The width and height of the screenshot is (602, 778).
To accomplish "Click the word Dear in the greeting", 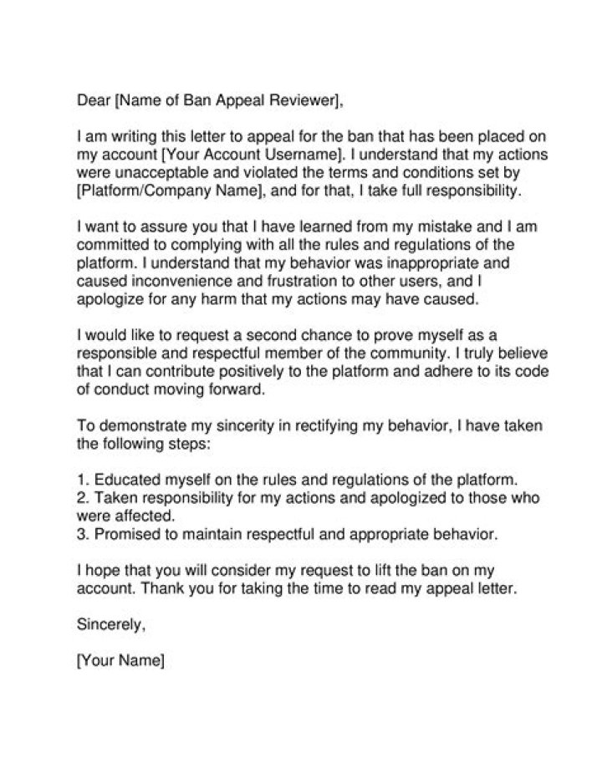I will click(93, 101).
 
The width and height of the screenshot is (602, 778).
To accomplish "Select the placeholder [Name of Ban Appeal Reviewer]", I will click(227, 101).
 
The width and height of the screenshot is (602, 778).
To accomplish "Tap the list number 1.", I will click(81, 481).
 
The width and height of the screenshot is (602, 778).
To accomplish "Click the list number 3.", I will click(81, 532).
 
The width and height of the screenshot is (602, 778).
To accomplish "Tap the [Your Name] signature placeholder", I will click(120, 660).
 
